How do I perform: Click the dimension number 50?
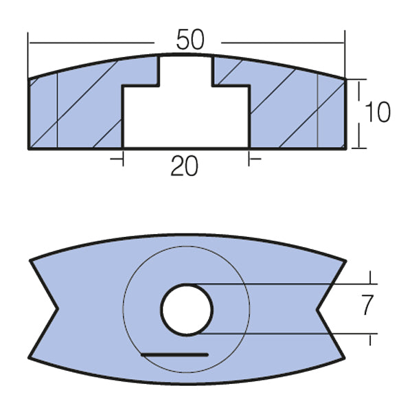click(190, 40)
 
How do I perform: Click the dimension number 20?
click(184, 166)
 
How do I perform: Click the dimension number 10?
click(378, 113)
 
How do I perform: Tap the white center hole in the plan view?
click(187, 309)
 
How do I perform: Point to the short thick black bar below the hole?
click(174, 354)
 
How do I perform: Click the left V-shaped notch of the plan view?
click(55, 309)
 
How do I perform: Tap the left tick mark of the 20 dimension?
click(122, 159)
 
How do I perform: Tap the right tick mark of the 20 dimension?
click(249, 159)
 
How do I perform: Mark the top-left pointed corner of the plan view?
click(30, 260)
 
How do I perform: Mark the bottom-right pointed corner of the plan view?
click(343, 357)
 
